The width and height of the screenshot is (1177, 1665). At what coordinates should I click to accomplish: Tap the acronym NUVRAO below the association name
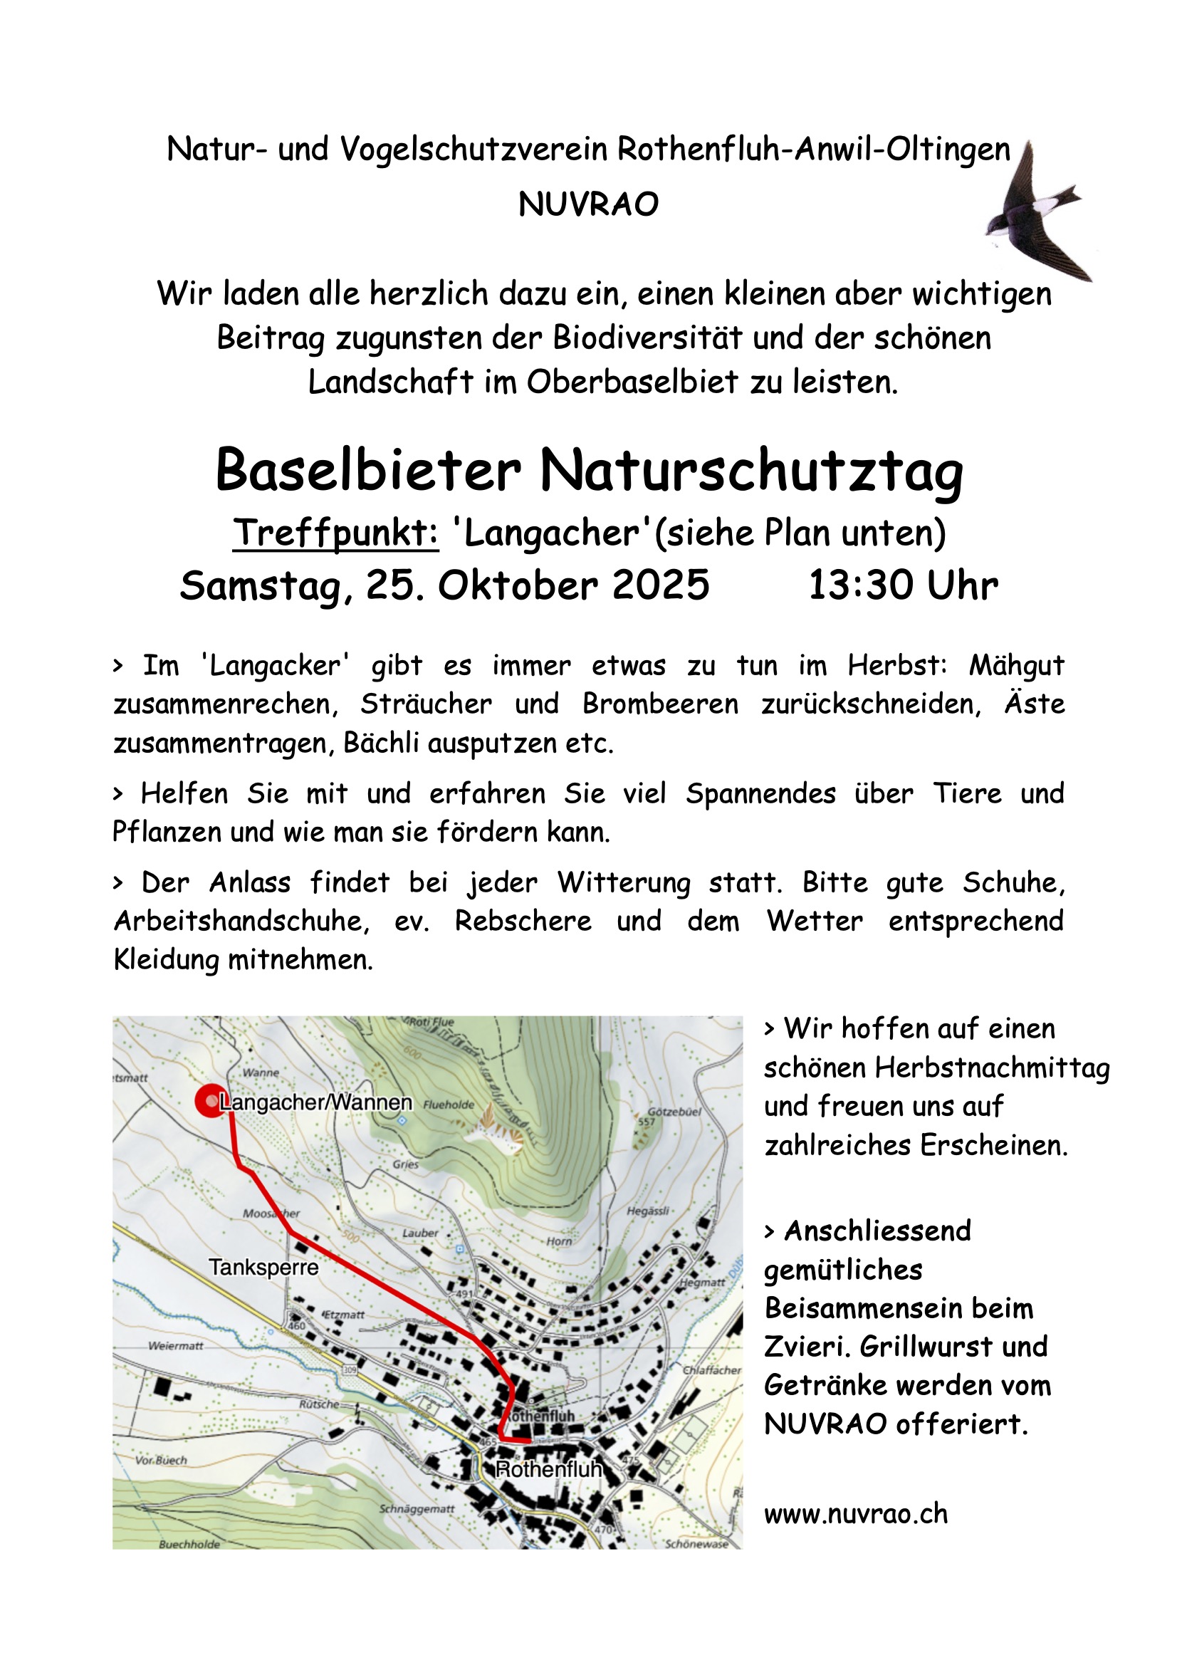[588, 205]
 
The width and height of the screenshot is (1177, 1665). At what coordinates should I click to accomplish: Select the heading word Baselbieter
[367, 471]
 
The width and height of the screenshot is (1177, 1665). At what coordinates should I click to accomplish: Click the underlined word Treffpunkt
[336, 533]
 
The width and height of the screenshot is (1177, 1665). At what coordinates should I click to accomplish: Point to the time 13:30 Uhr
[903, 585]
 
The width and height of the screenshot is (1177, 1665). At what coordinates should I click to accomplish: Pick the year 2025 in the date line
[661, 585]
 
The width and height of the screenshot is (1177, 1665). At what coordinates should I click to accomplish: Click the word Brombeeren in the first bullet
[660, 704]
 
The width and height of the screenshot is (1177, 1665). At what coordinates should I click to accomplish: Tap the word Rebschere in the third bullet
[522, 921]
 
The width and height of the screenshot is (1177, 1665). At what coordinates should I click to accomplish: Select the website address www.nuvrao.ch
[856, 1513]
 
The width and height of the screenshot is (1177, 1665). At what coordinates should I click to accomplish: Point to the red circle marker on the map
[209, 1101]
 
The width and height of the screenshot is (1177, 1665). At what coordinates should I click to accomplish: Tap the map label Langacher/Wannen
[315, 1102]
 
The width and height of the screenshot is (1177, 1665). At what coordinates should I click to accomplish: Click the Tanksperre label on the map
[263, 1267]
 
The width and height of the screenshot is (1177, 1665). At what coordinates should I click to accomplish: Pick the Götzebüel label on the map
[674, 1111]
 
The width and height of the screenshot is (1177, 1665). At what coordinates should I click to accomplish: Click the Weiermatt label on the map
[176, 1346]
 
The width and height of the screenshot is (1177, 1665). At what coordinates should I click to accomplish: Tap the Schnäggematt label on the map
[417, 1509]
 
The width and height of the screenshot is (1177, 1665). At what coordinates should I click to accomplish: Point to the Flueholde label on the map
[449, 1105]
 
